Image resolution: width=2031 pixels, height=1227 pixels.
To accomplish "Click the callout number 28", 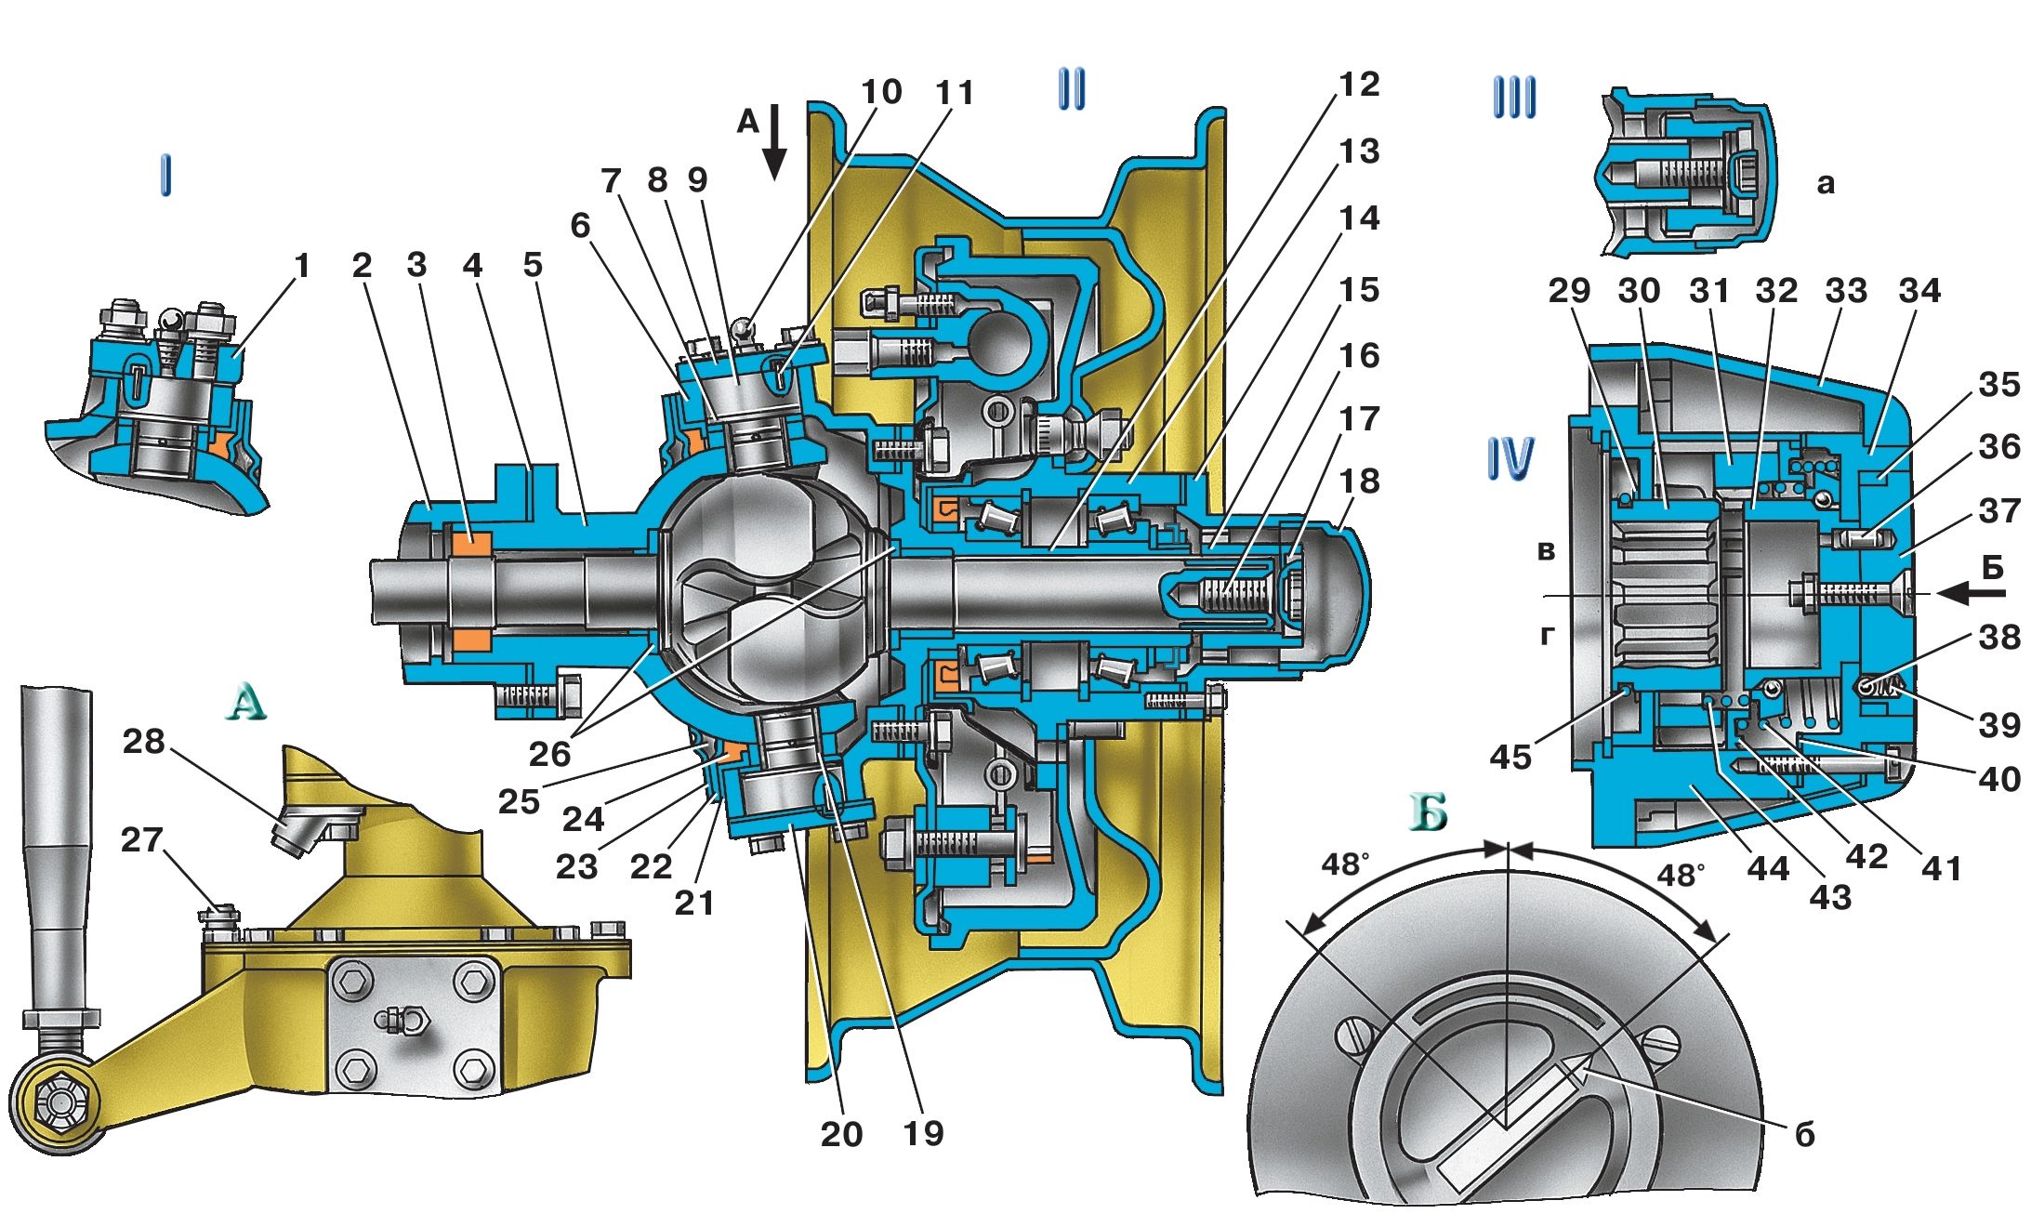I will coord(143,742).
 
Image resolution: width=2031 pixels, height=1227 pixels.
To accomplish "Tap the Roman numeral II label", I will coord(1072,90).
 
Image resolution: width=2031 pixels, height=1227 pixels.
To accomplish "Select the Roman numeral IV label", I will coord(1510,458).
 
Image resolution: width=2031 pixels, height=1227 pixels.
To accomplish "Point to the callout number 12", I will coord(1359,85).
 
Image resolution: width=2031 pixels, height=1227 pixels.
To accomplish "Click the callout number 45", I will coord(1510,758).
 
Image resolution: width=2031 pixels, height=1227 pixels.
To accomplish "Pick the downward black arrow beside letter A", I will coord(774,141).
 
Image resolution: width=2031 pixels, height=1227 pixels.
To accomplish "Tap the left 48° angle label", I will coord(1345,864).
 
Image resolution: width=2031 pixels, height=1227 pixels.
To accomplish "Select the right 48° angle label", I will coord(1681,875).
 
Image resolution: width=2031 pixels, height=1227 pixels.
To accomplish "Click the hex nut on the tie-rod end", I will coord(58,1103).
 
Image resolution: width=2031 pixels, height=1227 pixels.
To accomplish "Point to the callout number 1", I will coord(301,266).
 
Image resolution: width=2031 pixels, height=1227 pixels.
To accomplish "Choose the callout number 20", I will coord(841,1134).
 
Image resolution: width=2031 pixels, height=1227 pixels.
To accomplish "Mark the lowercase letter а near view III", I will coord(1826,183).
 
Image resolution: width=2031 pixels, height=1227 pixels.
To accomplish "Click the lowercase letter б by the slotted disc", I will coord(1804,1135).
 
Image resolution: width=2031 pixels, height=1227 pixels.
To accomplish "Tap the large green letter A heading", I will coord(245,703).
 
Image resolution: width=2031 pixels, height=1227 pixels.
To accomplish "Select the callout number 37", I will coord(1999,511).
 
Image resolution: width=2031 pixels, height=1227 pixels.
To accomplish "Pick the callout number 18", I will coord(1359,482).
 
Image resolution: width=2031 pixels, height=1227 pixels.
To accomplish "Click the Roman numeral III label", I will coord(1514,98).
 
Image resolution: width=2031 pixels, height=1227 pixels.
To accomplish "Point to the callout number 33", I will coord(1846,291).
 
